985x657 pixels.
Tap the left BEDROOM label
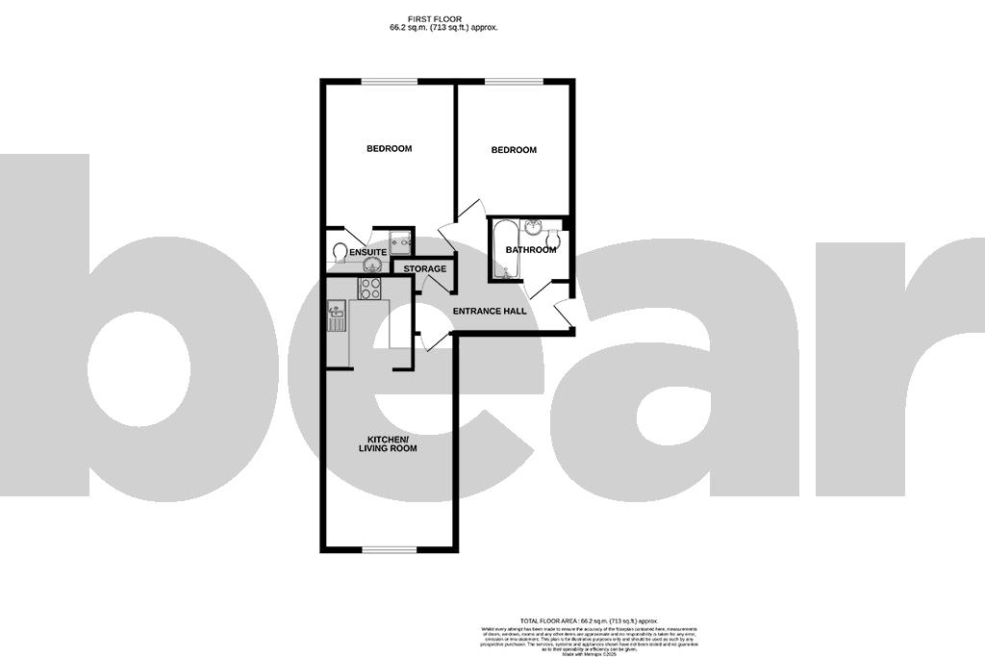pos(389,148)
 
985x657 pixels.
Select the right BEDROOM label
pos(514,150)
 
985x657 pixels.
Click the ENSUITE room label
pos(367,252)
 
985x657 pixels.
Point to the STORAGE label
pos(424,268)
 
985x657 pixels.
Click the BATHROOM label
pos(531,250)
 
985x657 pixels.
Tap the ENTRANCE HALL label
pos(490,312)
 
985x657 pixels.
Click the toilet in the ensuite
pos(339,251)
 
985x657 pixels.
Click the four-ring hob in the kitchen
pos(369,288)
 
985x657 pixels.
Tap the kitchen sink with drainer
pos(337,315)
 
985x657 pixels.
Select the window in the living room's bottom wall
pos(389,550)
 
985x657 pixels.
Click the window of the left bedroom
pos(389,81)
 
